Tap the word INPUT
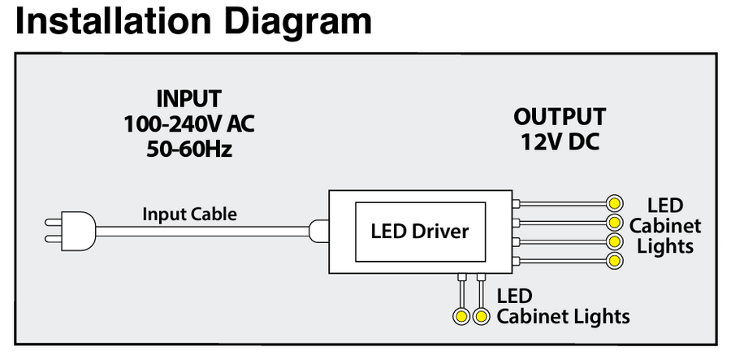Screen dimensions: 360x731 [189, 99]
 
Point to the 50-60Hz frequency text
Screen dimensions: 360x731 [189, 149]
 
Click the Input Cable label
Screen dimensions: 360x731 [190, 215]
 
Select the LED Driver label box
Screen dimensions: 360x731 [420, 232]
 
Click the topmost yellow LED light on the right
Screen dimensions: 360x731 [614, 202]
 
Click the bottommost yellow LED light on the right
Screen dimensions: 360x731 [614, 261]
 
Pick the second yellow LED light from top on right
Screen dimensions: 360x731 [614, 222]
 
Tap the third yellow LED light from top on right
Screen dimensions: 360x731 [614, 241]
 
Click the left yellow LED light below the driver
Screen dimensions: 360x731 [461, 315]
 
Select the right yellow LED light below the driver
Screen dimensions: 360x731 [482, 315]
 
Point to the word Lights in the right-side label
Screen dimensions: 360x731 [665, 246]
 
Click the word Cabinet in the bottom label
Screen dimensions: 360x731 [534, 315]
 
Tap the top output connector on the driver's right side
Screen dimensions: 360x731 [517, 202]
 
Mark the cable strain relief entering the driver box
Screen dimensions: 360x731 [318, 231]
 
